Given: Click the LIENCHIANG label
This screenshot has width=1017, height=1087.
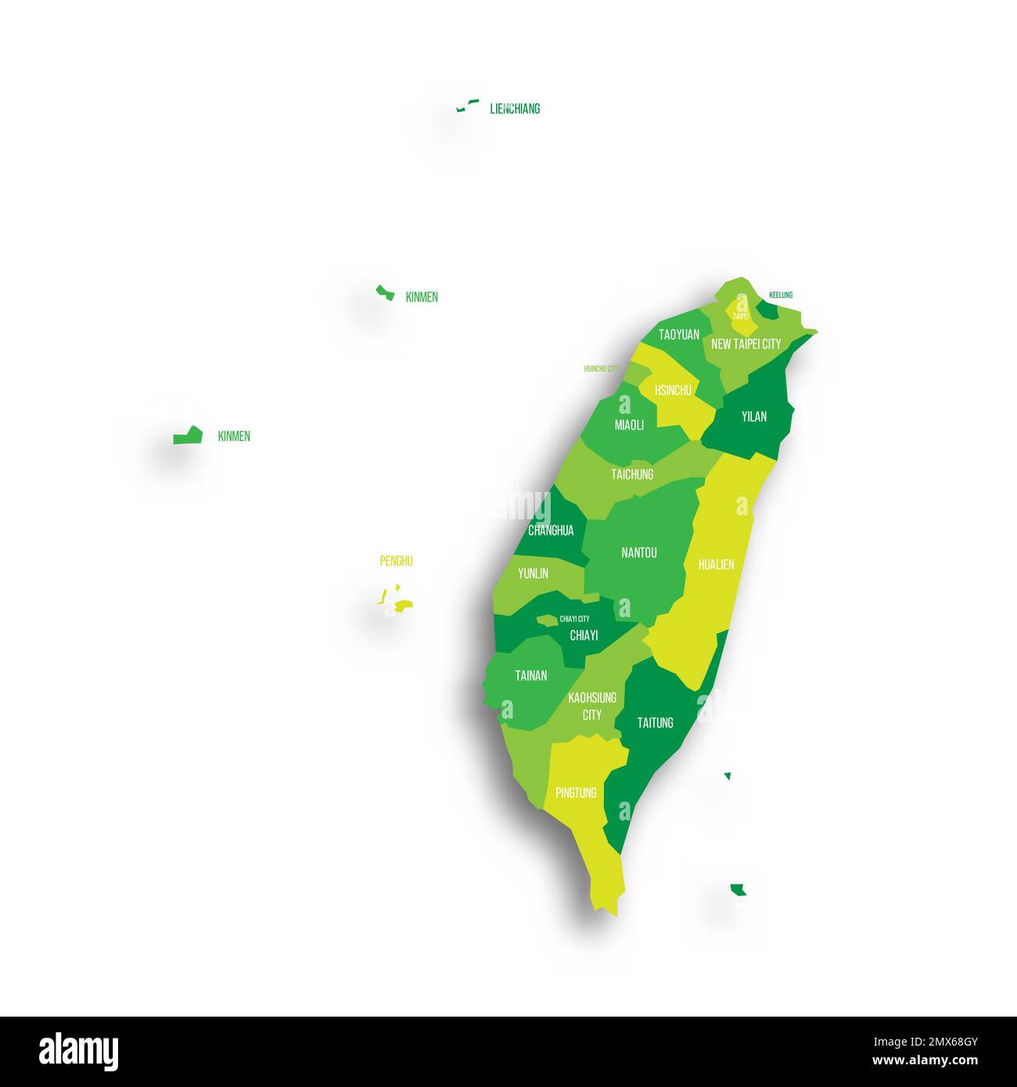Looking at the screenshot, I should (x=515, y=109).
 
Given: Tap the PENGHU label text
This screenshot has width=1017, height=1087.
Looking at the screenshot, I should (x=396, y=561).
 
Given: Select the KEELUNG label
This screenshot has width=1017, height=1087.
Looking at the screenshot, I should (x=781, y=295).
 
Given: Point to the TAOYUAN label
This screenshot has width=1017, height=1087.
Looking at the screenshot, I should (x=678, y=335).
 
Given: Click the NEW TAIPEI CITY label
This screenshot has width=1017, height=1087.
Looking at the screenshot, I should (x=746, y=344).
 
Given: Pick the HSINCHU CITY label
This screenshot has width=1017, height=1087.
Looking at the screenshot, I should (x=601, y=368).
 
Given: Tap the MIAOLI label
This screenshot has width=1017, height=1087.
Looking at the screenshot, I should (x=629, y=425).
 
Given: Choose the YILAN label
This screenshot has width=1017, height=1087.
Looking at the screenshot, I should (x=754, y=417).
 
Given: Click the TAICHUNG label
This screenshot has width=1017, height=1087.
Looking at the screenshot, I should (x=632, y=475).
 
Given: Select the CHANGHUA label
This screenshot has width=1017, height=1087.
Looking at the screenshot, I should (x=551, y=530).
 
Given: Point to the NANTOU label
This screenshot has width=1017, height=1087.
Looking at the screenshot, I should (x=638, y=553).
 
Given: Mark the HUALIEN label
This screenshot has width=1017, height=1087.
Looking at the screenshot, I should (x=716, y=565).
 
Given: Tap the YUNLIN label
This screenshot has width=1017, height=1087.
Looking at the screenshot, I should (x=533, y=573).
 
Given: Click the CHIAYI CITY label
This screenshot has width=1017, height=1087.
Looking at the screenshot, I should (x=574, y=619).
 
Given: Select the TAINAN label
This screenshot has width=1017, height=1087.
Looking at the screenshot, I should (x=530, y=676).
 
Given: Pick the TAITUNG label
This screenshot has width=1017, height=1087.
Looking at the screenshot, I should (x=655, y=723).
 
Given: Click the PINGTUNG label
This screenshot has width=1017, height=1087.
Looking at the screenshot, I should (x=576, y=793).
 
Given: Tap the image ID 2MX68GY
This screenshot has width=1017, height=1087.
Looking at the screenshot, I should (x=940, y=1042).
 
